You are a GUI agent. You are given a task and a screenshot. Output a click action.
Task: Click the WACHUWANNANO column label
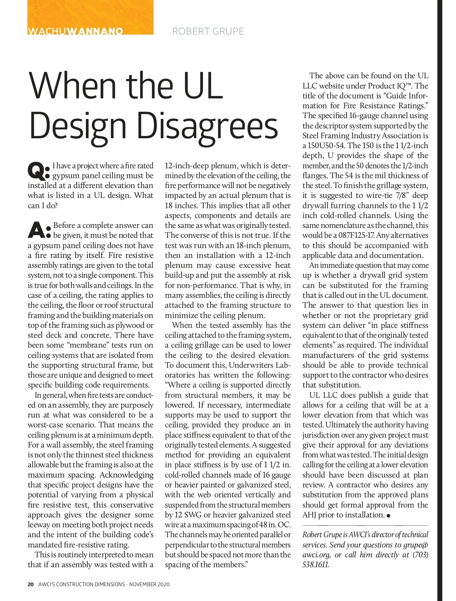(75, 31)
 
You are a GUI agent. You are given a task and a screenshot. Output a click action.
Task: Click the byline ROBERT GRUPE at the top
(208, 31)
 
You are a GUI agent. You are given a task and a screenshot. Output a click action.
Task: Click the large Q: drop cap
(38, 171)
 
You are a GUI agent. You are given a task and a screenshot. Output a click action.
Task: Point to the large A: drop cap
(39, 231)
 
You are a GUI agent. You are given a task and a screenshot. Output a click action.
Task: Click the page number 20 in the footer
(31, 584)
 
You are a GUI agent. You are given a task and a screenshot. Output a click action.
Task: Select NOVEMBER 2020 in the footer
(149, 584)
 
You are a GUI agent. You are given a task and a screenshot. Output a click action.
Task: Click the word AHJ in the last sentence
(309, 515)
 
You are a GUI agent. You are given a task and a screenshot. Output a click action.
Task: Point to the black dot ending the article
(388, 516)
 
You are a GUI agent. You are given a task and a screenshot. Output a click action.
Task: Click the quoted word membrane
(89, 345)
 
